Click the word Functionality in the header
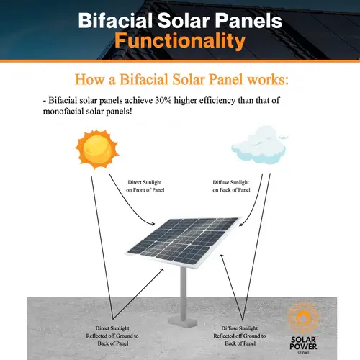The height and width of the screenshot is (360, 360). tap(180, 41)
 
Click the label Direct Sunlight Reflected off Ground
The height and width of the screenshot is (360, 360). tap(117, 330)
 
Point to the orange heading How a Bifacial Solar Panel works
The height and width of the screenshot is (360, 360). tap(180, 77)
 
